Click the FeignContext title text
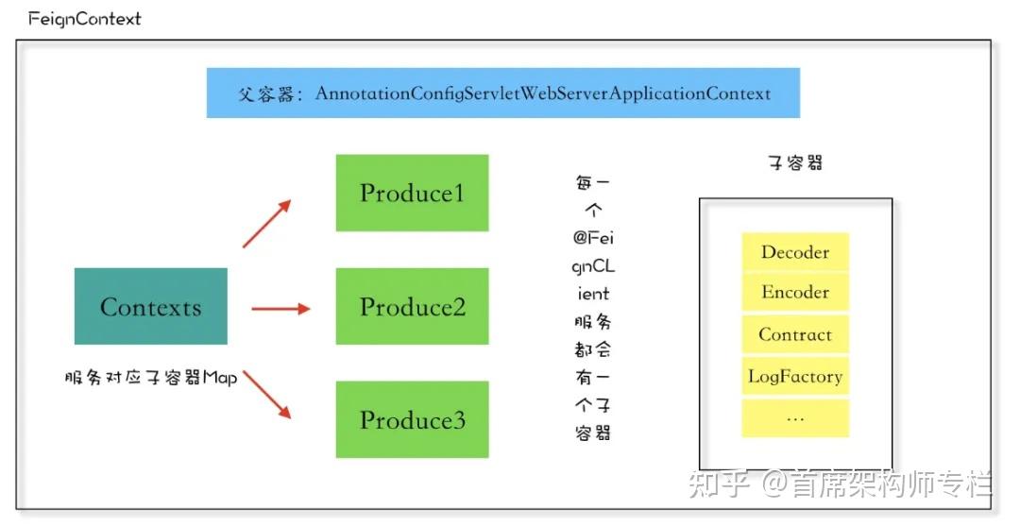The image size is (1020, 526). click(x=85, y=19)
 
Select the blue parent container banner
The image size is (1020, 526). click(x=502, y=93)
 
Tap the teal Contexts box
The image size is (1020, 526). click(x=151, y=306)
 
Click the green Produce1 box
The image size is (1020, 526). click(x=412, y=193)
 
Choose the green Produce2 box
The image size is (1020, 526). click(x=412, y=306)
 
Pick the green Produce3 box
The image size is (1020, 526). click(x=412, y=419)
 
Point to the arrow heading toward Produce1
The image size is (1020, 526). click(x=266, y=224)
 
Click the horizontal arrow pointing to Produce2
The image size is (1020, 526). click(x=280, y=309)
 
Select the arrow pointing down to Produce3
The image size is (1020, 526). click(x=266, y=395)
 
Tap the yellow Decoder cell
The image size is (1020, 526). click(x=795, y=251)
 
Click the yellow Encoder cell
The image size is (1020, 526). click(x=795, y=292)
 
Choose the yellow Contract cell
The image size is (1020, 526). click(x=795, y=334)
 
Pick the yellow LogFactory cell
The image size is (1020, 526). click(x=795, y=376)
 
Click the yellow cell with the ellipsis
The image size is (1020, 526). click(x=795, y=417)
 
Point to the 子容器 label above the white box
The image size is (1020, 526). click(x=795, y=162)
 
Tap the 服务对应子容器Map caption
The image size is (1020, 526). click(x=151, y=377)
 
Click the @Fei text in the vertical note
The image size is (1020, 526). click(x=593, y=238)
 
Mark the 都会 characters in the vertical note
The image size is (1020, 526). click(x=592, y=349)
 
